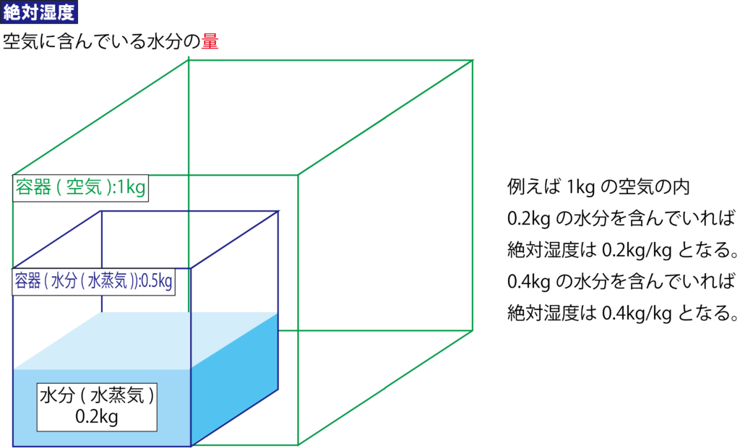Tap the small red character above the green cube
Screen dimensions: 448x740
[x=210, y=40]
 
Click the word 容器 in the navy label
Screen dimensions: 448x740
[x=27, y=281]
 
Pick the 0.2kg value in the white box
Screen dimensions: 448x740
[x=97, y=417]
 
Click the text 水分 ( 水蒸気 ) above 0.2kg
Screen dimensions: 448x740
[x=97, y=396]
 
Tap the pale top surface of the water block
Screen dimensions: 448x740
[x=145, y=340]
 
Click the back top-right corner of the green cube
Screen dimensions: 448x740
[x=473, y=61]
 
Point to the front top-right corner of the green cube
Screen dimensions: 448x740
[x=298, y=175]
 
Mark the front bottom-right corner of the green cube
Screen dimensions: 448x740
[x=298, y=444]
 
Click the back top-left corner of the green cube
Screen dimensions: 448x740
[x=189, y=61]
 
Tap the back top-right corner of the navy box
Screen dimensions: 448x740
[x=278, y=212]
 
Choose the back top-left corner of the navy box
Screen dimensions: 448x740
[x=101, y=212]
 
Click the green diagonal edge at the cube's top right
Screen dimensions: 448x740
[x=385, y=118]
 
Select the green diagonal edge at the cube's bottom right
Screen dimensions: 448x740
[x=385, y=387]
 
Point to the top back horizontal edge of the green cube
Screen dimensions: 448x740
[x=331, y=61]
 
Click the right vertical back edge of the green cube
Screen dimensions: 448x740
[x=473, y=195]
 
